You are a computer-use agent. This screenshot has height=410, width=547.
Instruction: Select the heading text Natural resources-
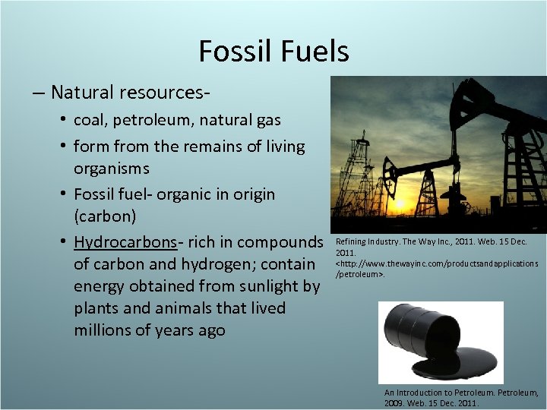click(x=131, y=93)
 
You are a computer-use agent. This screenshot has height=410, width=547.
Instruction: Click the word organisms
click(x=111, y=168)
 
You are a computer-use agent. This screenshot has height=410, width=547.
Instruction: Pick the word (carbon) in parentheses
click(x=105, y=216)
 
